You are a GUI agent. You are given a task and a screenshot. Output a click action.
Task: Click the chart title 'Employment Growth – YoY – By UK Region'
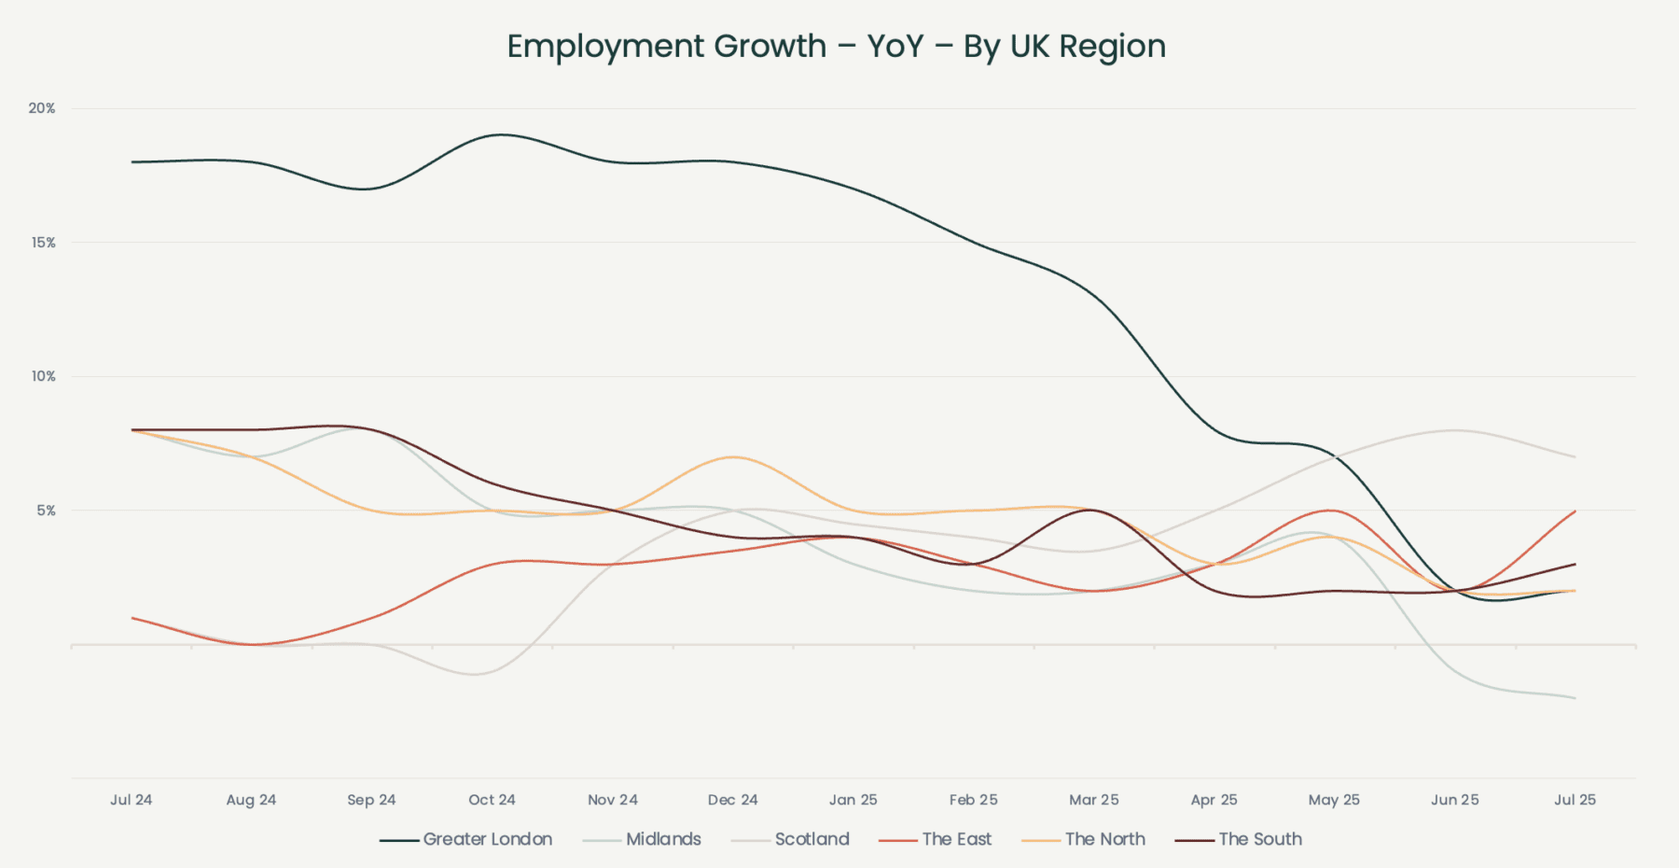tap(836, 47)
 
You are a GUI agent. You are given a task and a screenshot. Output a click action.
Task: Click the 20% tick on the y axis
tap(42, 108)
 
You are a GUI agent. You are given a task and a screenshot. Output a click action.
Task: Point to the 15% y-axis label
tap(43, 243)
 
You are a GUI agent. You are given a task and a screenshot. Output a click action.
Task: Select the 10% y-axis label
tap(43, 376)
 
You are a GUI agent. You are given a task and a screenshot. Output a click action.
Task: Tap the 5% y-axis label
tap(46, 511)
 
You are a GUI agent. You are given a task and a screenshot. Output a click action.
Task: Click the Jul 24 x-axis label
tap(131, 800)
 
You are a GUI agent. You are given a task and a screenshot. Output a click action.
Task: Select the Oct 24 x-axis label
tap(492, 800)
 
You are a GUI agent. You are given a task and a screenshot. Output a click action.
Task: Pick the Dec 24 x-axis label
tap(732, 800)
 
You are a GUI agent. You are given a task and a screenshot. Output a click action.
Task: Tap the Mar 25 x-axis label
tap(1093, 800)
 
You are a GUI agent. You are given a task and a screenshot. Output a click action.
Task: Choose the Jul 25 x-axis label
tap(1575, 800)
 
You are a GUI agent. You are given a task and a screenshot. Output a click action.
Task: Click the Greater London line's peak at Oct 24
tap(501, 134)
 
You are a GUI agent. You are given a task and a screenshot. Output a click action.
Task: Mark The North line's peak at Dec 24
tap(733, 456)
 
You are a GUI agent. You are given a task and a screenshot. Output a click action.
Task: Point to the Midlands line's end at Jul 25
tap(1575, 698)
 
